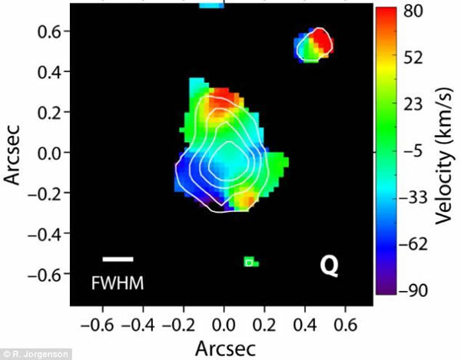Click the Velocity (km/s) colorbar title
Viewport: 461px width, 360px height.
pos(445,154)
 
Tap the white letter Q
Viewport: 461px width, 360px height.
pos(329,266)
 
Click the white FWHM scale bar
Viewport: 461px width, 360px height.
pos(118,259)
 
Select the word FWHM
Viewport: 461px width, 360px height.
pos(118,283)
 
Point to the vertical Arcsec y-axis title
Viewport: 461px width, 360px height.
pos(14,154)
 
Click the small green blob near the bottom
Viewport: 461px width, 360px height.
pos(250,262)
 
